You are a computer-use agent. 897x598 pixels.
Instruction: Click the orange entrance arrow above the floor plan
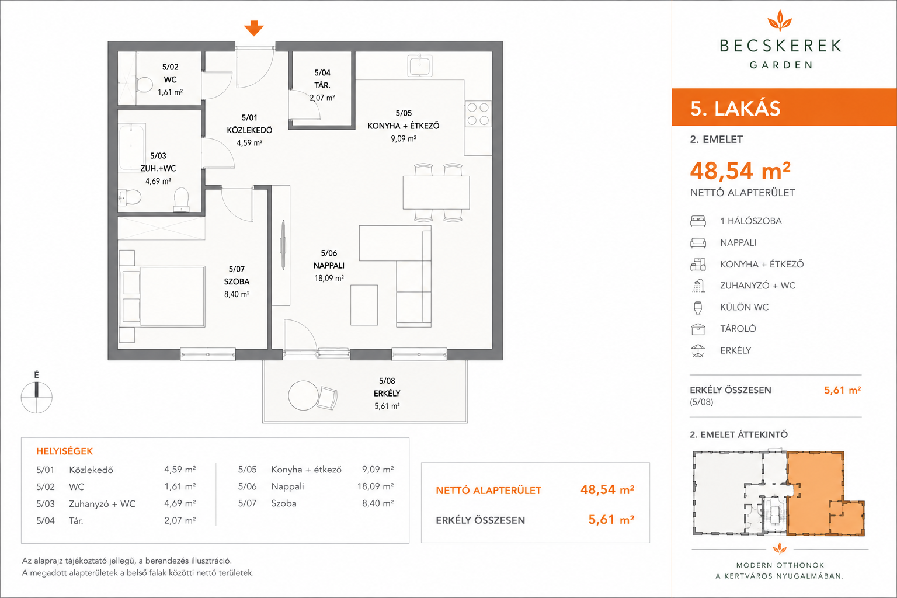[254, 28]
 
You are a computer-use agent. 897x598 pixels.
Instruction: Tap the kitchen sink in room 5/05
[420, 65]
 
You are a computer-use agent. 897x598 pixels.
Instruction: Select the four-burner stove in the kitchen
[478, 114]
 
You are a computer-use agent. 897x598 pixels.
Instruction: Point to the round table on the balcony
[304, 395]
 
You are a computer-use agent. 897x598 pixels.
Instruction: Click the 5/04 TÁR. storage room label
[322, 79]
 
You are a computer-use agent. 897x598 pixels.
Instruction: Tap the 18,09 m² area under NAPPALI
[329, 278]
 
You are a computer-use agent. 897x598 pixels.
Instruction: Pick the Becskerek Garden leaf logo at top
[780, 21]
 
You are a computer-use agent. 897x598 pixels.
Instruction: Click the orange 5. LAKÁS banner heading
[735, 109]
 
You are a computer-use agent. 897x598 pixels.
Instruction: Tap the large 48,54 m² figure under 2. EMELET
[740, 171]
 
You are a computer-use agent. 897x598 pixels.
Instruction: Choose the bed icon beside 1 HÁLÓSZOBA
[698, 221]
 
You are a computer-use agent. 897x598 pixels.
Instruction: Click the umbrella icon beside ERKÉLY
[698, 351]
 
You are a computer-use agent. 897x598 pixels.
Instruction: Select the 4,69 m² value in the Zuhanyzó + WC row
[180, 503]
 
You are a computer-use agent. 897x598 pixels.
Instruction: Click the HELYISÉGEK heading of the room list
[64, 451]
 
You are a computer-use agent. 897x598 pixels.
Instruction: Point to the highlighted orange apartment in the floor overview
[815, 493]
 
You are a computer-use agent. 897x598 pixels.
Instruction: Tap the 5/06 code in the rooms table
[247, 486]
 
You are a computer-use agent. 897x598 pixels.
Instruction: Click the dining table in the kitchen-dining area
[436, 193]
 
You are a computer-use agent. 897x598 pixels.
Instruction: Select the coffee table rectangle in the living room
[364, 305]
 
